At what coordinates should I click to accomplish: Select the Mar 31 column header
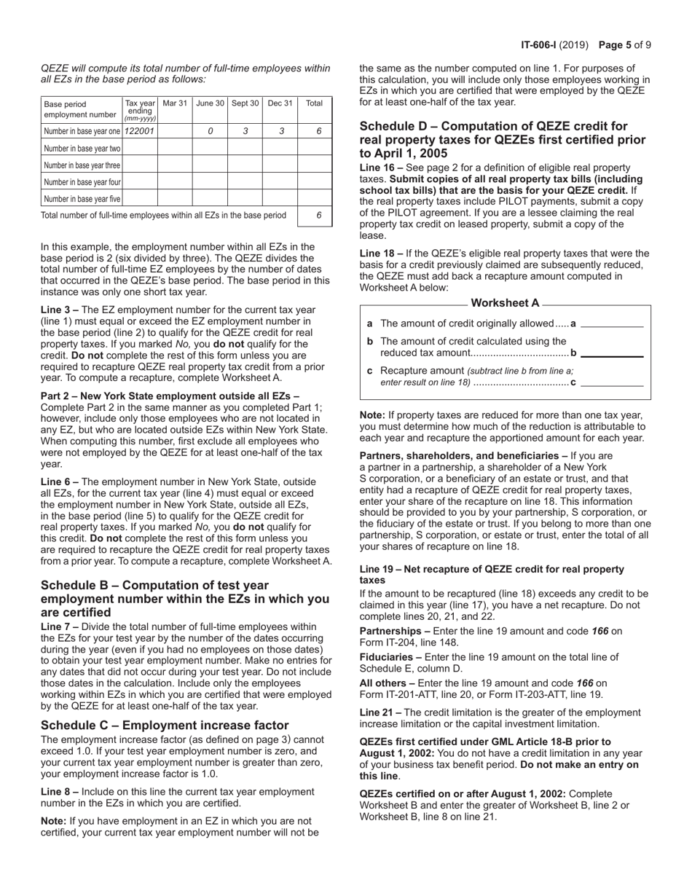pyautogui.click(x=175, y=103)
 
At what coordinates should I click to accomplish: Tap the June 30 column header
pyautogui.click(x=210, y=103)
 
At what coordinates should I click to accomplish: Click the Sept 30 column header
pyautogui.click(x=245, y=103)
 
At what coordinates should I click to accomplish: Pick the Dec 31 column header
pyautogui.click(x=280, y=103)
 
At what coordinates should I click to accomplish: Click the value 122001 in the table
pyautogui.click(x=140, y=131)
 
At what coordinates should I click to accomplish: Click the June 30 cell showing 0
pyautogui.click(x=211, y=131)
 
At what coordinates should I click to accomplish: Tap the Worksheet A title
pyautogui.click(x=506, y=303)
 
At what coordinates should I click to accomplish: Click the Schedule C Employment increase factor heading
pyautogui.click(x=165, y=725)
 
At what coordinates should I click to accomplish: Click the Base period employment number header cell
pyautogui.click(x=80, y=109)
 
